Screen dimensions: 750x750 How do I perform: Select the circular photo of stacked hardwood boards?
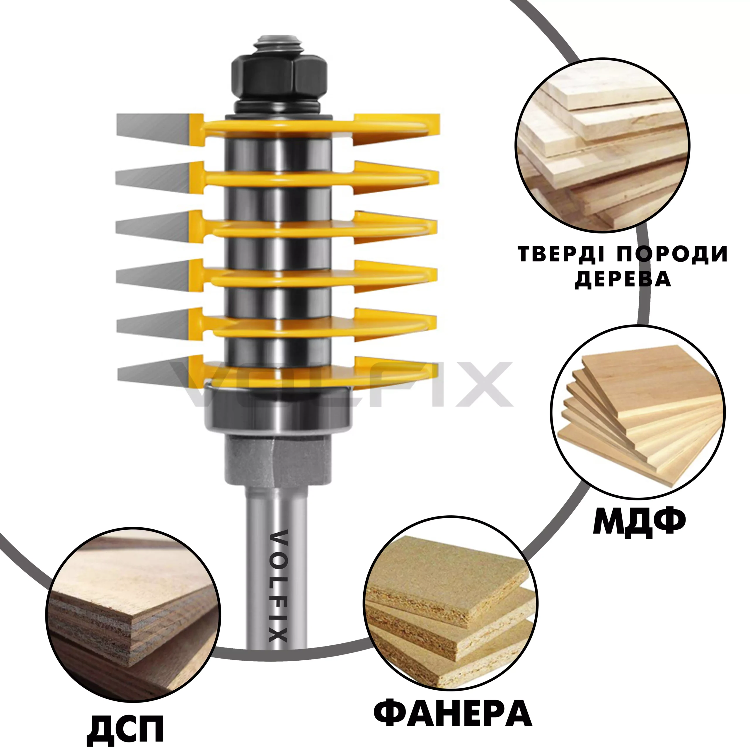tap(602, 146)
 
